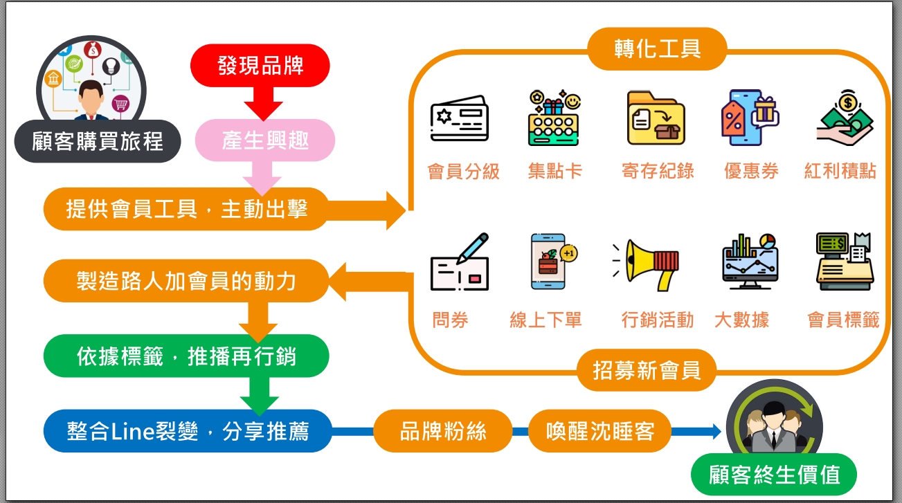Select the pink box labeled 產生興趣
click(265, 140)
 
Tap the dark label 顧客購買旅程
click(98, 142)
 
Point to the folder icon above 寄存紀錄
click(656, 118)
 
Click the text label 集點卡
click(554, 171)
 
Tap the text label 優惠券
click(751, 171)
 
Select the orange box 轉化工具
click(657, 48)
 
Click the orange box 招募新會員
click(647, 370)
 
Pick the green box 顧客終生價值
click(774, 475)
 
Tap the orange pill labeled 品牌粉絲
click(443, 432)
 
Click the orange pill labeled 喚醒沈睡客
click(599, 432)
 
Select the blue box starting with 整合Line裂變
click(188, 432)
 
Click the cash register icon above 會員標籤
click(843, 262)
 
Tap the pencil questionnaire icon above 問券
click(459, 263)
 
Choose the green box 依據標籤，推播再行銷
click(186, 356)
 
